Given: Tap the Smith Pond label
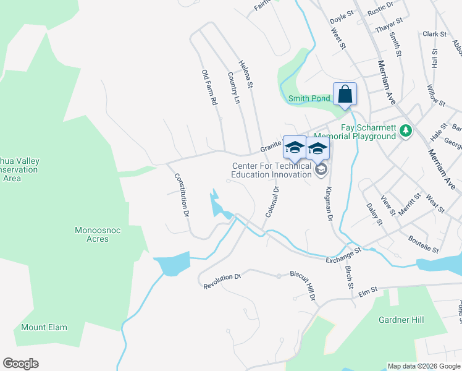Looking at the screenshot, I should [310, 98].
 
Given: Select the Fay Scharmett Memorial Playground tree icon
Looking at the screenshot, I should [406, 130].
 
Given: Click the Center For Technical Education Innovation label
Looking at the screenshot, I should [271, 170].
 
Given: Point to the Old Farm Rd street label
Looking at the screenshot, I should [210, 87].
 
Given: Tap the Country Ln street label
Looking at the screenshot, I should [233, 88].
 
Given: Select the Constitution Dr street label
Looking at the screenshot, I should [181, 194].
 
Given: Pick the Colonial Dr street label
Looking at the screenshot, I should [272, 202].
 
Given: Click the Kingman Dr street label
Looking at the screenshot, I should [329, 204].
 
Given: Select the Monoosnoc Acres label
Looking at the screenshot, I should [92, 234].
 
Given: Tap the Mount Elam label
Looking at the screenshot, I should [44, 327].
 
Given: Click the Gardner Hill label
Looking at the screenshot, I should [401, 320].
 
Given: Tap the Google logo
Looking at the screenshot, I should [20, 364].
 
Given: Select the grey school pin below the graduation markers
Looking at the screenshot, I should [320, 170].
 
